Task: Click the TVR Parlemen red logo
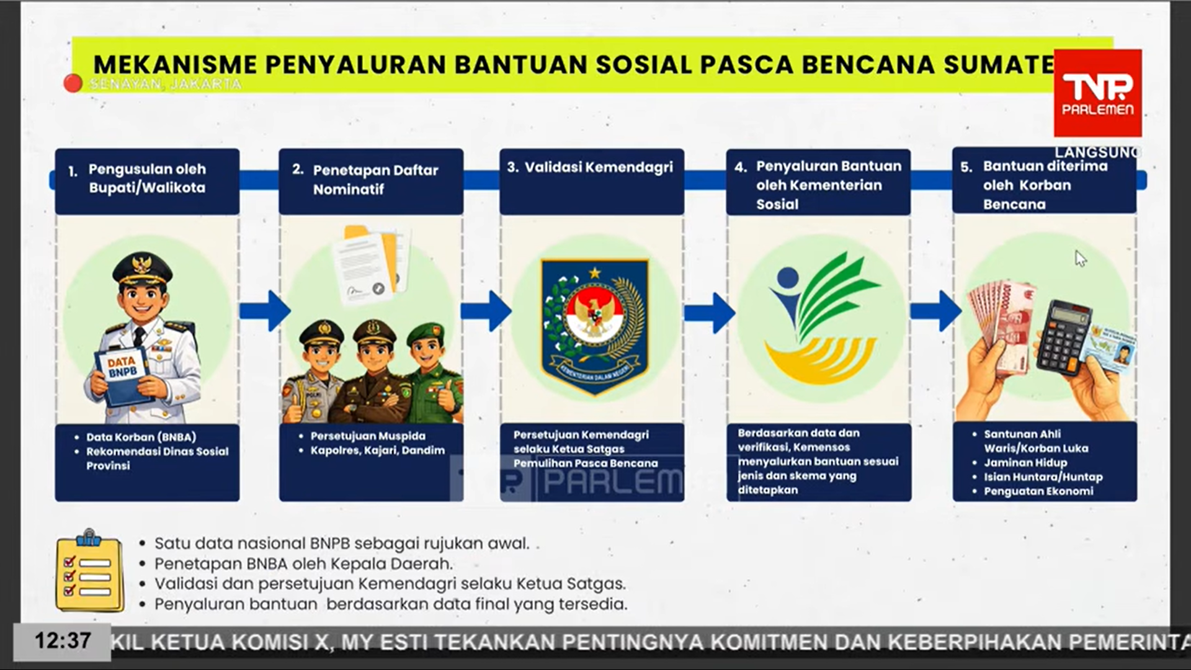[x=1097, y=93]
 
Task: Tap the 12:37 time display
[x=62, y=641]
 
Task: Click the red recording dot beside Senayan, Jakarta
[x=73, y=83]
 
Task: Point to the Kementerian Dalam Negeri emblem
[x=594, y=324]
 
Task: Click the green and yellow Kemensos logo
[x=820, y=316]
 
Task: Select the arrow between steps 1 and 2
[x=265, y=310]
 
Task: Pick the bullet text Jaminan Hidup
[x=1025, y=463]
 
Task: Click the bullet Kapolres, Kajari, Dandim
[x=377, y=450]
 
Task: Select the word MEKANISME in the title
[x=175, y=65]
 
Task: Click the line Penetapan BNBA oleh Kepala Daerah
[x=303, y=564]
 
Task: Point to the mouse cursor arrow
[x=1080, y=258]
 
